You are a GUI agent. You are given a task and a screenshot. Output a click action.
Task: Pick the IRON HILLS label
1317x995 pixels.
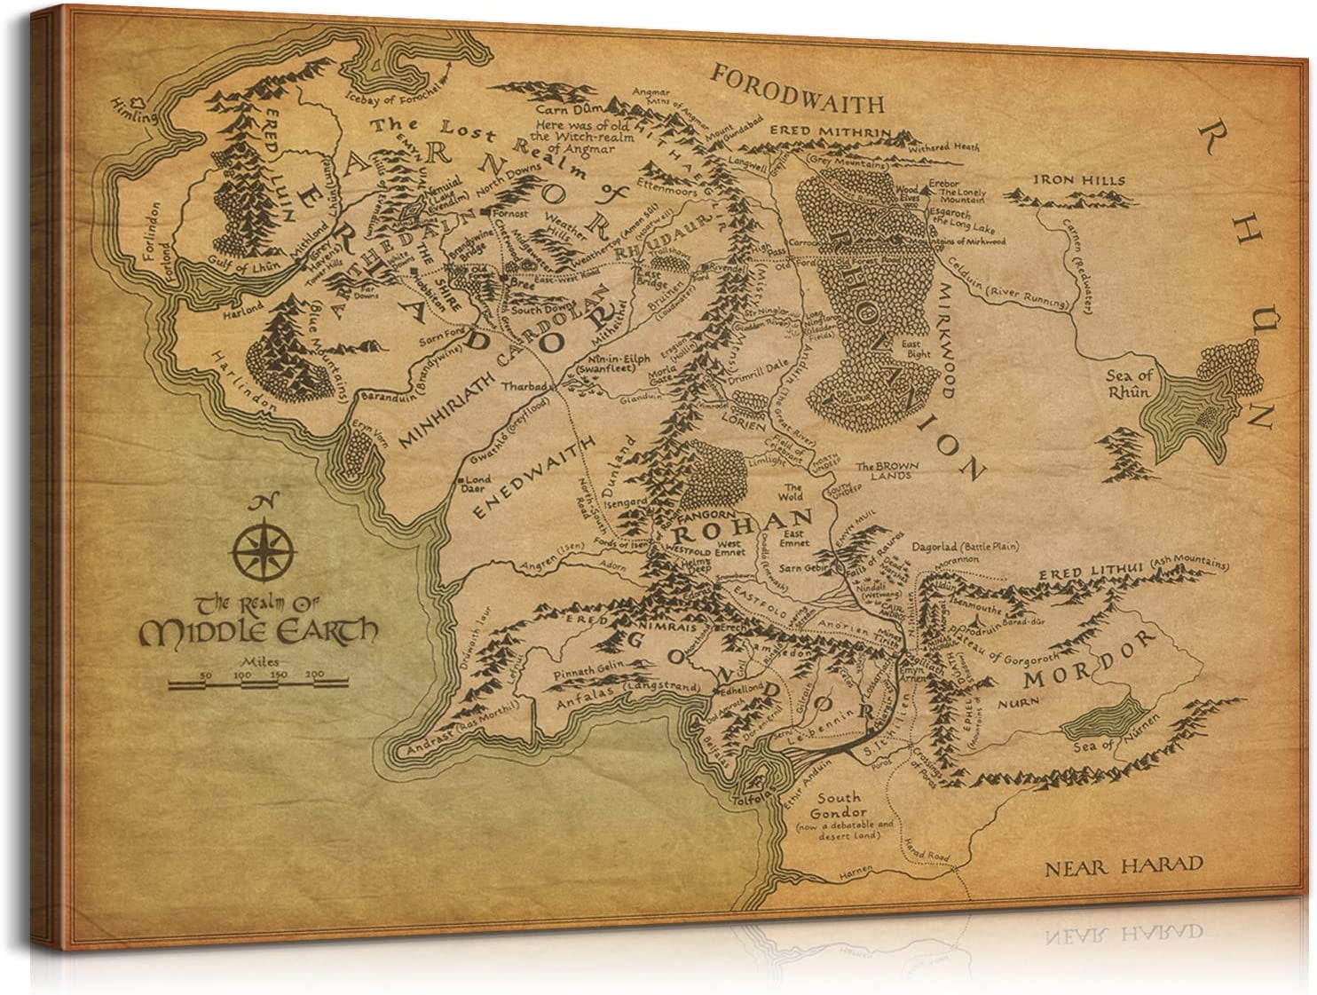click(x=1078, y=181)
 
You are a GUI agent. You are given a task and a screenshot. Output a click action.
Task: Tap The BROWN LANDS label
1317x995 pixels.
click(x=883, y=470)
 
